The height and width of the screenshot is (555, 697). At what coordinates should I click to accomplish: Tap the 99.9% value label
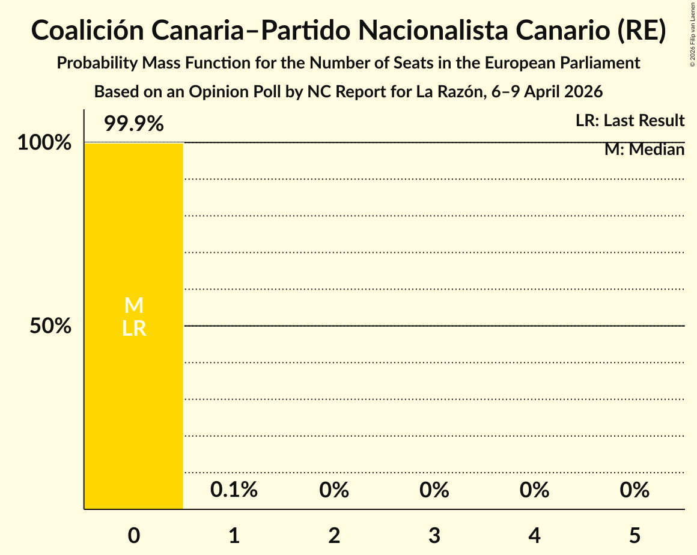click(133, 124)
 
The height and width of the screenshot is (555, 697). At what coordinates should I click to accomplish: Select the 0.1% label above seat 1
click(234, 490)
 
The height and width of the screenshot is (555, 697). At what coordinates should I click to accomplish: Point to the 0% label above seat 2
click(334, 490)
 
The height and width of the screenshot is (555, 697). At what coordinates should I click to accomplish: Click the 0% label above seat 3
click(434, 490)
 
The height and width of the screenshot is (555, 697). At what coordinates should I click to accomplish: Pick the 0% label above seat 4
click(534, 490)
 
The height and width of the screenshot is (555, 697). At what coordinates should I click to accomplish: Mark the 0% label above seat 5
click(635, 490)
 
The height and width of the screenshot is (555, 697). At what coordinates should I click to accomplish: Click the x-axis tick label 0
click(133, 536)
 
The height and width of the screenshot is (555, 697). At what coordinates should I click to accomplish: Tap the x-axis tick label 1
click(234, 536)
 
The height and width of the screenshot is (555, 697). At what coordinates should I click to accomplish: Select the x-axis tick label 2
click(334, 536)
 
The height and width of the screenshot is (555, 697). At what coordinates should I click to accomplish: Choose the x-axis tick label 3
click(434, 536)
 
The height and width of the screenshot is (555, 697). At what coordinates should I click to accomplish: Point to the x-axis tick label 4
click(534, 536)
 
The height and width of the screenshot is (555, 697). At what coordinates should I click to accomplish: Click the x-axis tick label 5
click(635, 536)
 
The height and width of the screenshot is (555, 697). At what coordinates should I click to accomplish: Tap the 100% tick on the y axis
click(44, 143)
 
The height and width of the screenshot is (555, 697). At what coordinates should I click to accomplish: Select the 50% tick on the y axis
click(51, 326)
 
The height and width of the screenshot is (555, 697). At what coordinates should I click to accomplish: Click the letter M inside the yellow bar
click(133, 306)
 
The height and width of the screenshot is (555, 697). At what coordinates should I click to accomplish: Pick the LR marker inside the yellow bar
click(133, 329)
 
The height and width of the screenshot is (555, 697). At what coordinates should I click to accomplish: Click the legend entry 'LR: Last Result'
click(630, 121)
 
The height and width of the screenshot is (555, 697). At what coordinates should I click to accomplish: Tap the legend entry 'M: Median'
click(644, 150)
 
